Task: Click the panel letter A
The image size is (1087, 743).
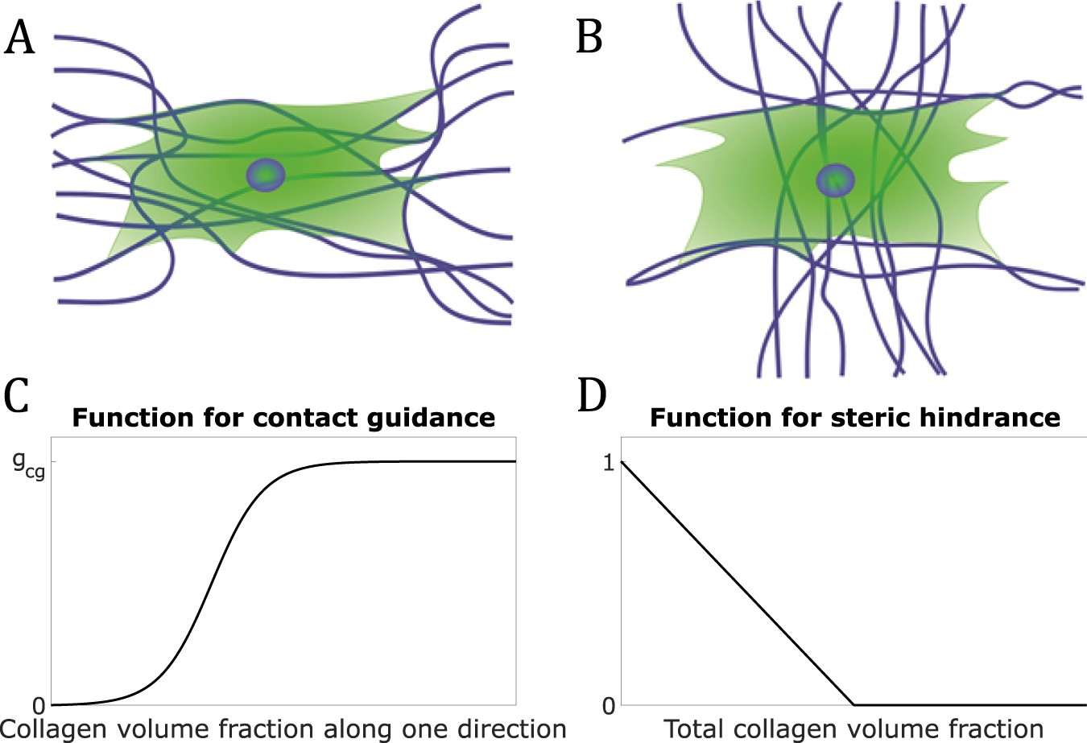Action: (x=20, y=38)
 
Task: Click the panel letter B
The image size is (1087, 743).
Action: (x=589, y=38)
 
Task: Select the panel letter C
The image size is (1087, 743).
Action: (x=18, y=395)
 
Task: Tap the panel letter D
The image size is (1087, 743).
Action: (x=592, y=395)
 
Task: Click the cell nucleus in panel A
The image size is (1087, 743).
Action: (x=266, y=175)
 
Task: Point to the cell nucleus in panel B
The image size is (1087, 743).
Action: (x=836, y=180)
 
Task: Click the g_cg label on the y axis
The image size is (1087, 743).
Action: (x=31, y=464)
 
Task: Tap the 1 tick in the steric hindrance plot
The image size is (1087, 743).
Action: (x=609, y=462)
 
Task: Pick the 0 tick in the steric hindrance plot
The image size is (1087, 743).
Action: (x=609, y=706)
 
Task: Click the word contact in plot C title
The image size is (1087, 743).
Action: (x=304, y=418)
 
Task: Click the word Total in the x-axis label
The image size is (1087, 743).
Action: (x=693, y=729)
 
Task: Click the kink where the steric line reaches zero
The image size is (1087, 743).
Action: (x=853, y=704)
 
